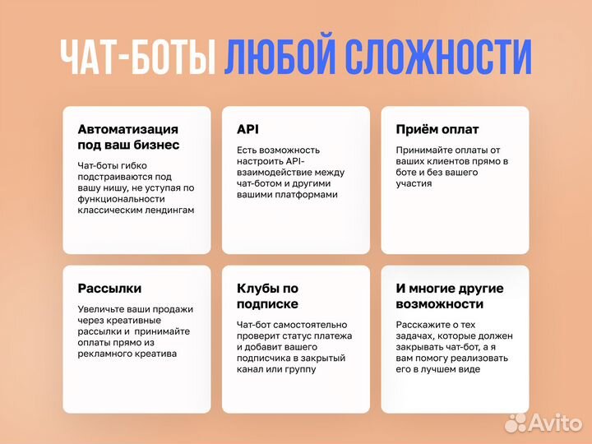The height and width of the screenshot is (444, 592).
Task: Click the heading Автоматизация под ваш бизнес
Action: [x=127, y=137]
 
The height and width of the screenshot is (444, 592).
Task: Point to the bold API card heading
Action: [x=247, y=130]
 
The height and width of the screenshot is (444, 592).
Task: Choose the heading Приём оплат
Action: [x=437, y=130]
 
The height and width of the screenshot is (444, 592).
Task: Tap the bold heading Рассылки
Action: [x=109, y=289]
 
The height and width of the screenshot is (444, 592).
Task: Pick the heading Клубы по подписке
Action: [x=267, y=296]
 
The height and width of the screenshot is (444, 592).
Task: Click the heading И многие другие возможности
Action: [x=450, y=296]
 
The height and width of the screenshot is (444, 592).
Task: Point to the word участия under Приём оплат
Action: [x=414, y=184]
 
